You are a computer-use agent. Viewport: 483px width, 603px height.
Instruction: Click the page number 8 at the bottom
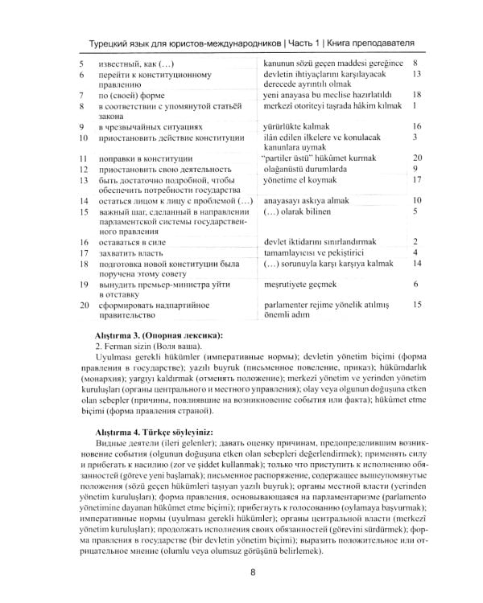[253, 573]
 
